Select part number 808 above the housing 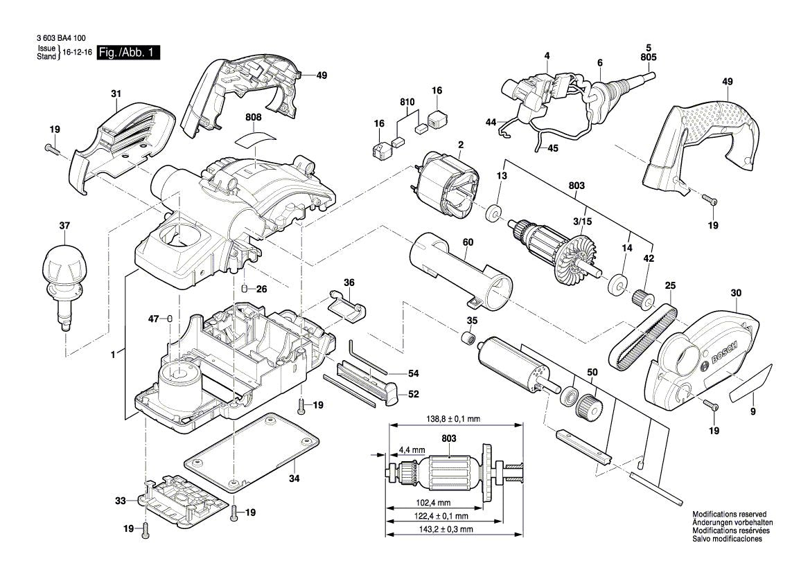pos(254,118)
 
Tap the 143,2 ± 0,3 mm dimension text pos(445,529)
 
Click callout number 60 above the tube pos(468,243)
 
